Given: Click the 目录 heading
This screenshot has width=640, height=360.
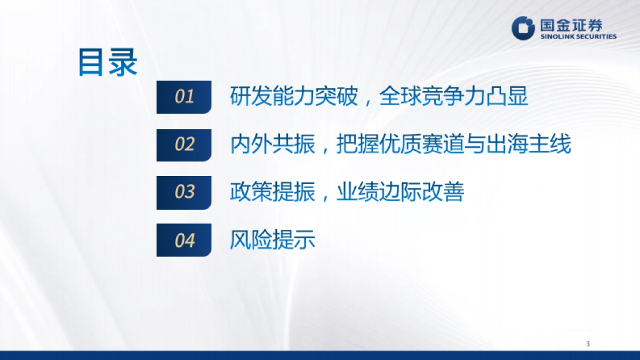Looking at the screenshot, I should click(108, 62).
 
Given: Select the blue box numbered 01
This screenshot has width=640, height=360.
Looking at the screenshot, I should click(184, 97).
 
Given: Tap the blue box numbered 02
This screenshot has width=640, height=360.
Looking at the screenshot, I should click(184, 145).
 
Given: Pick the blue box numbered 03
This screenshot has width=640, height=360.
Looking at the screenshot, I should click(184, 192).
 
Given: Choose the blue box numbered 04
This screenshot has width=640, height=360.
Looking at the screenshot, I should click(184, 240).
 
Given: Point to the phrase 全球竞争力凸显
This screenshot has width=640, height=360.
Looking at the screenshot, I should click(454, 97).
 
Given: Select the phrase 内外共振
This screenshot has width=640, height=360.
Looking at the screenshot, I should click(273, 145).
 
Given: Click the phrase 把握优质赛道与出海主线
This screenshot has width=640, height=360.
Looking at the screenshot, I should click(454, 145).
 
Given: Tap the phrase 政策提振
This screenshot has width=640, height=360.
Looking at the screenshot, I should click(273, 192).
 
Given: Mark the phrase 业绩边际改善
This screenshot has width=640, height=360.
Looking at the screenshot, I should click(401, 192).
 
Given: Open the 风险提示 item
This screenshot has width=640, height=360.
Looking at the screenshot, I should click(273, 240).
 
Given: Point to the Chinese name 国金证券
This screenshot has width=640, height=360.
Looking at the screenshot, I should click(571, 24).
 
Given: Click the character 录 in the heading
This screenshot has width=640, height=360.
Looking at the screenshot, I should click(123, 62).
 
